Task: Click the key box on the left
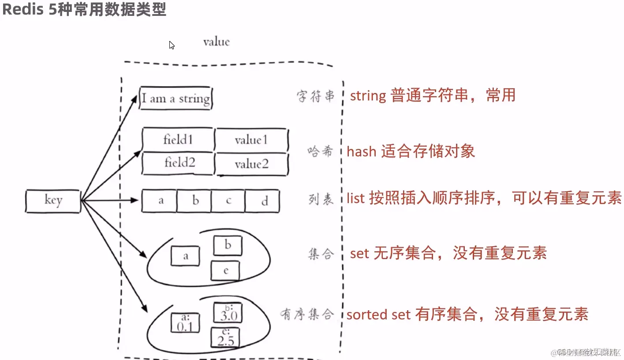point(53,201)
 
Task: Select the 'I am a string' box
point(176,98)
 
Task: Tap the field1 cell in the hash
point(178,140)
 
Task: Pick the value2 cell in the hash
point(251,164)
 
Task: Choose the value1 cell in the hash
point(251,140)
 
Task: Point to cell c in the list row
point(228,201)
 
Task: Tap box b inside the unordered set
point(228,245)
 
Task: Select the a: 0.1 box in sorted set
point(185,323)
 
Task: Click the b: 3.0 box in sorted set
point(228,312)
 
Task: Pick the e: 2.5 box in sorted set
point(225,337)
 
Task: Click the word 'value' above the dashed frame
point(216,42)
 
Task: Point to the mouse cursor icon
point(172,45)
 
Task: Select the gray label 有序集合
point(307,314)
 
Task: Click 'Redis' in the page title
point(22,9)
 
